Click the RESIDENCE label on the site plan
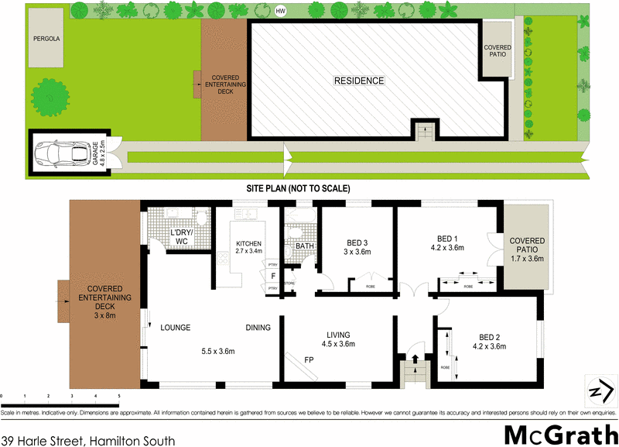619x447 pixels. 358,81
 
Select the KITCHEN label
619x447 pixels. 248,243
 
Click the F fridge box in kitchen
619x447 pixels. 273,275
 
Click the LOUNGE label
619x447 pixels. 176,328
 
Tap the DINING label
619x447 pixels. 258,328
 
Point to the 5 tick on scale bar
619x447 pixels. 119,395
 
